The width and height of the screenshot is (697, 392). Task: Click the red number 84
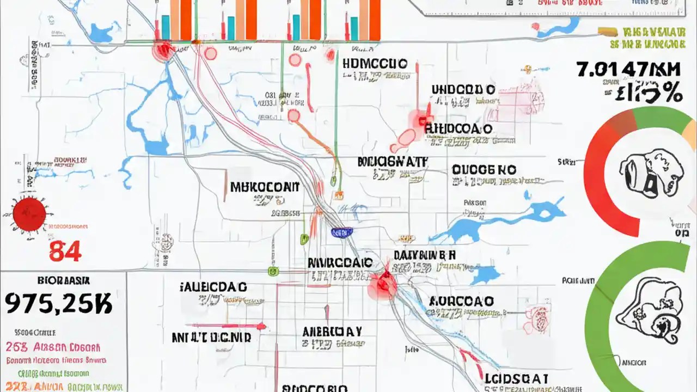click(x=65, y=251)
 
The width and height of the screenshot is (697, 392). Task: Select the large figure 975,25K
click(x=58, y=303)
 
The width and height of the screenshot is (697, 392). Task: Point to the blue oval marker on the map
click(x=342, y=232)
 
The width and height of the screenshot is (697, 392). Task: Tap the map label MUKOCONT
click(x=265, y=187)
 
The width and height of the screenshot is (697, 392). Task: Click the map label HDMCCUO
click(x=375, y=64)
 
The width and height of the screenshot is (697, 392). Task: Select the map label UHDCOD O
click(x=463, y=90)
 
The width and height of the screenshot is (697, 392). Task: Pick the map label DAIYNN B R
click(x=425, y=255)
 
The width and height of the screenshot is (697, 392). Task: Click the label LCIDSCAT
click(x=516, y=379)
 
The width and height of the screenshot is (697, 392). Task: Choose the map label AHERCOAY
click(x=332, y=330)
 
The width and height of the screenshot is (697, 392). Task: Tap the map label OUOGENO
click(x=484, y=170)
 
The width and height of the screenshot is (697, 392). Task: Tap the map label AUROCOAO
click(x=461, y=301)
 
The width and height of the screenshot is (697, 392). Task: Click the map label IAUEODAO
click(x=213, y=286)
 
